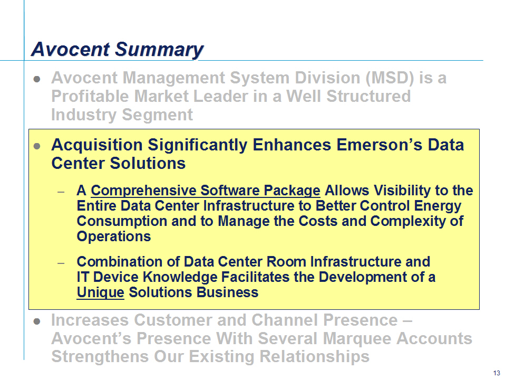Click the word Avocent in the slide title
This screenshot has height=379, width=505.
coord(71,49)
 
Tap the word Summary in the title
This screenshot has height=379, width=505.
coord(159,50)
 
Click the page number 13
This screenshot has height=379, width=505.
coord(497,373)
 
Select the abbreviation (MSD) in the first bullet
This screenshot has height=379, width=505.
coord(390,78)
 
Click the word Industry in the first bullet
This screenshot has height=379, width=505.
coord(84,115)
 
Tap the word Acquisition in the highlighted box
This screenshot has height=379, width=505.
coord(97,145)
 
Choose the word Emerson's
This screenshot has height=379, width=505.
coord(379,145)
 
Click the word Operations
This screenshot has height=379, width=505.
coord(114,237)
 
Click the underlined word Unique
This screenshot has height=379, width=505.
coord(101,292)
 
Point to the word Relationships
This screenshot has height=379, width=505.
coord(314,357)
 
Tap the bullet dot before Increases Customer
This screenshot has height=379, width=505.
coord(37,321)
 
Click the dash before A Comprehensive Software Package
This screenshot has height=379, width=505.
coord(61,192)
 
